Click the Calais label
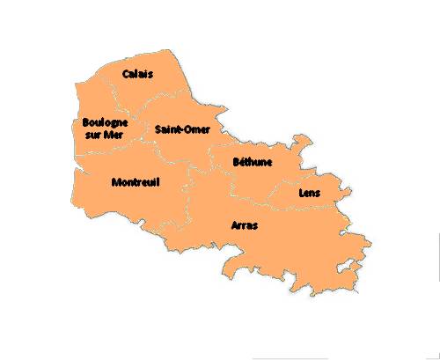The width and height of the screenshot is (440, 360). (x=138, y=74)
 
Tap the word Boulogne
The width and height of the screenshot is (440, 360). (x=105, y=122)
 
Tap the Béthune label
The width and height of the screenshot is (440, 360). (x=253, y=162)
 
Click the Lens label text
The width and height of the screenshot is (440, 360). (x=310, y=193)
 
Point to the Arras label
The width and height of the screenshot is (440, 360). (x=244, y=226)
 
